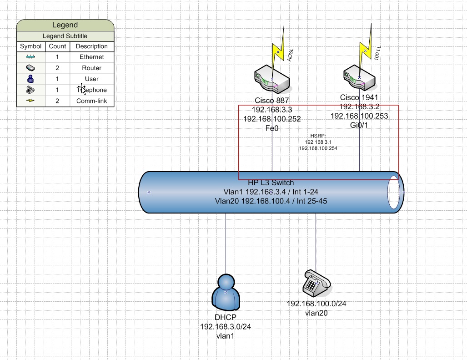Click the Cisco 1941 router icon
(x=360, y=79)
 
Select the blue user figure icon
(x=226, y=292)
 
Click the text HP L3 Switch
(x=271, y=183)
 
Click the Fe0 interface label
(x=272, y=128)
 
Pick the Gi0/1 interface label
(x=359, y=125)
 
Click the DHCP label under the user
(x=226, y=317)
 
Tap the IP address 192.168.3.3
(x=272, y=110)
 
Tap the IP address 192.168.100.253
(x=359, y=116)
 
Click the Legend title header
(x=65, y=25)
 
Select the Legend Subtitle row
(x=65, y=36)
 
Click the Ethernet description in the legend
(x=91, y=57)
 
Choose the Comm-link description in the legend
(x=91, y=101)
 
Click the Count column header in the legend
(x=58, y=46)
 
